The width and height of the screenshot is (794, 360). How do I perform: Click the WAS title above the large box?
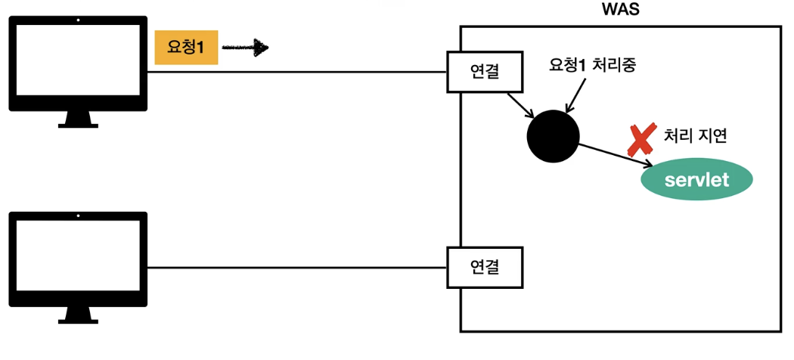tap(620, 11)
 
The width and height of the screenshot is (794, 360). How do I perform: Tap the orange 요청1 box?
tap(186, 48)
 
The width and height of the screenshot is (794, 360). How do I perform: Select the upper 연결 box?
tap(484, 72)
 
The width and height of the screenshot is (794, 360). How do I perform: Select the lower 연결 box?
tap(484, 267)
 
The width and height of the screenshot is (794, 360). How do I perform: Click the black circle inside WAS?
tap(553, 136)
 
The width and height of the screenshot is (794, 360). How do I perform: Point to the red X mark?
tap(642, 139)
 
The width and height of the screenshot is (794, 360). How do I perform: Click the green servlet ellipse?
tap(696, 180)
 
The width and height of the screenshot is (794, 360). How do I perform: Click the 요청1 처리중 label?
tap(593, 65)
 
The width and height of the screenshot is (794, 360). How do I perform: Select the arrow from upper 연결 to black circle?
tap(521, 105)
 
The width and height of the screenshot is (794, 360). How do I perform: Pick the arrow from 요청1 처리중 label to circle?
tap(572, 97)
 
